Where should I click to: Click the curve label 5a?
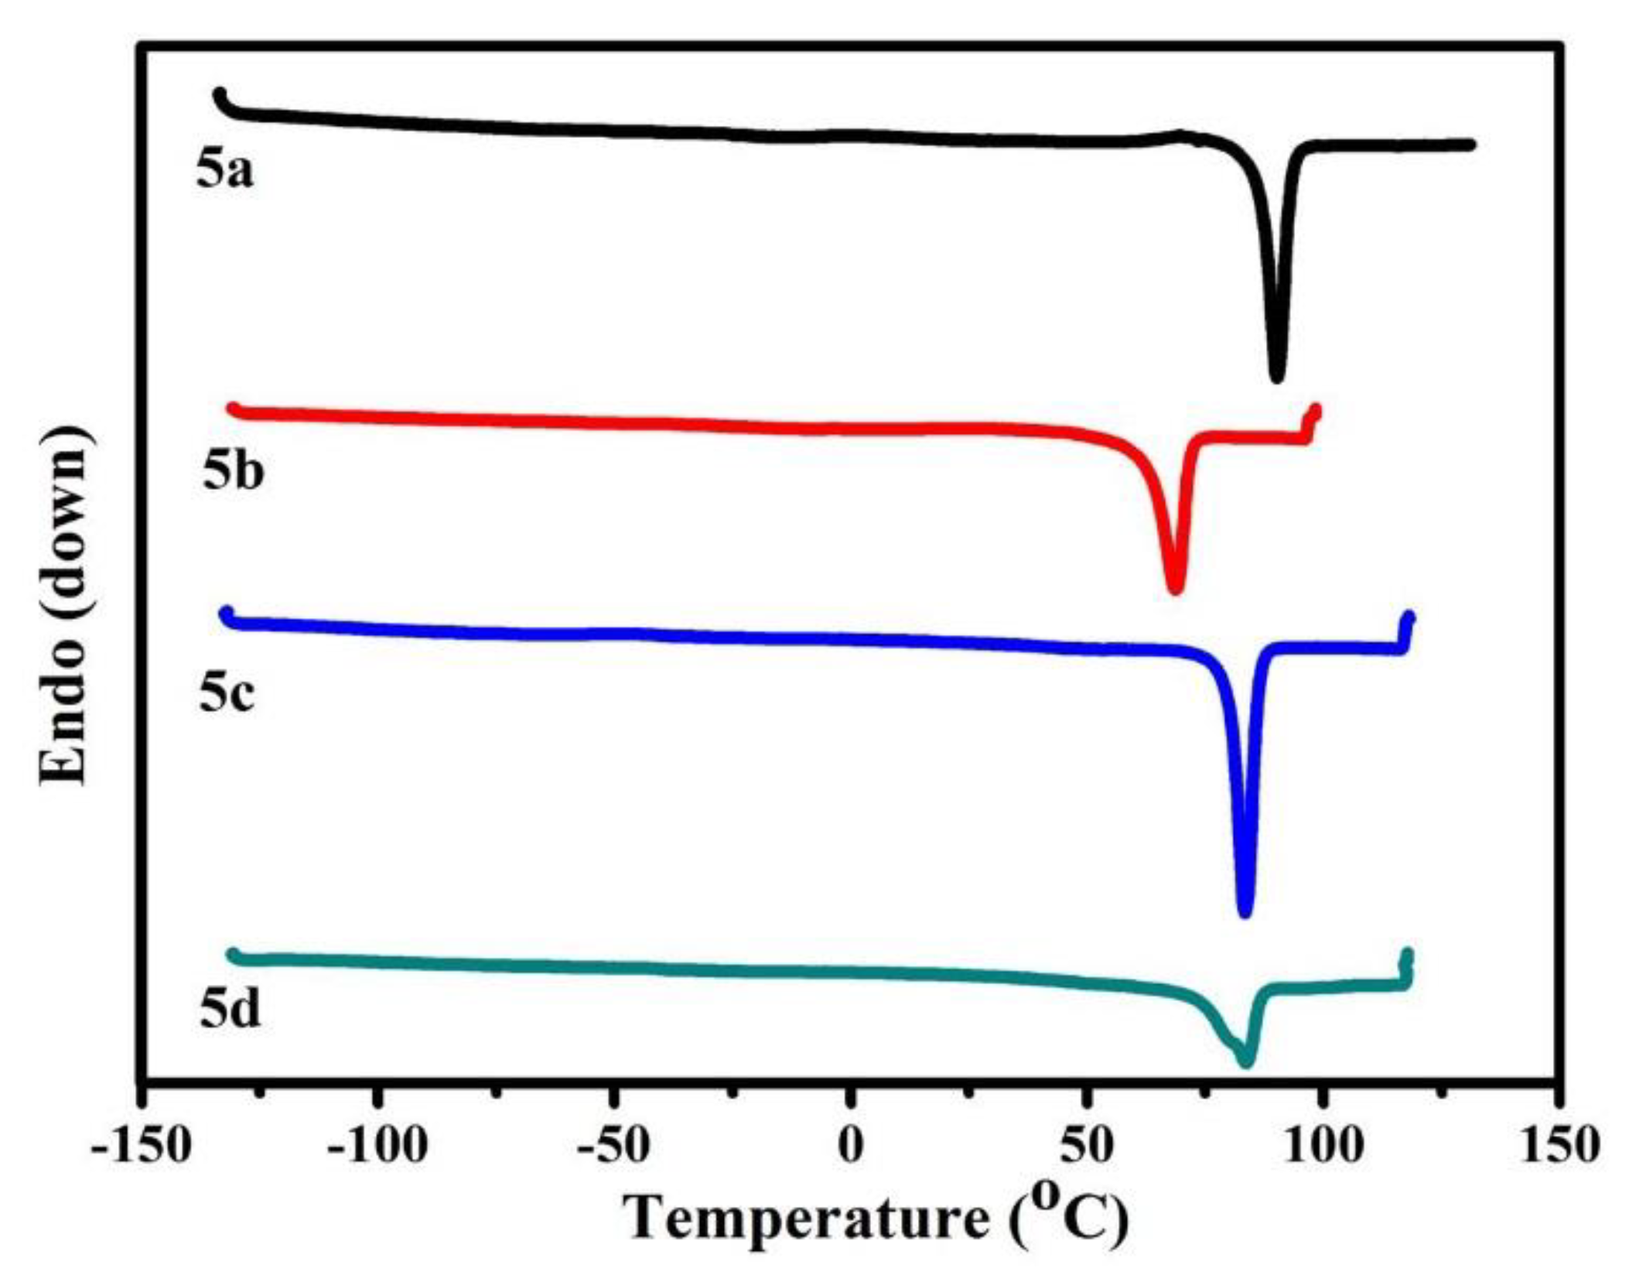pyautogui.click(x=224, y=172)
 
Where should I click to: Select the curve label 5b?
pyautogui.click(x=233, y=473)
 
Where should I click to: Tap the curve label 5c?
pyautogui.click(x=227, y=695)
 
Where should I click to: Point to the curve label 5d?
pyautogui.click(x=230, y=1012)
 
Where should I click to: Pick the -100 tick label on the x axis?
pyautogui.click(x=377, y=1145)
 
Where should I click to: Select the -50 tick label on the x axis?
pyautogui.click(x=613, y=1145)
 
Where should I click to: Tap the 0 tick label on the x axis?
pyautogui.click(x=850, y=1145)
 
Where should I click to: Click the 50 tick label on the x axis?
pyautogui.click(x=1086, y=1145)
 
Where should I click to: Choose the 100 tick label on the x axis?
pyautogui.click(x=1323, y=1145)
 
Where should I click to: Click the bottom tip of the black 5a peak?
pyautogui.click(x=1276, y=378)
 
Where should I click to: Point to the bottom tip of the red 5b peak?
pyautogui.click(x=1175, y=590)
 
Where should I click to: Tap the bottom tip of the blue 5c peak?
pyautogui.click(x=1245, y=912)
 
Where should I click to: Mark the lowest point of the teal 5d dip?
pyautogui.click(x=1245, y=1061)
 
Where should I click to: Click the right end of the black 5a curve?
pyautogui.click(x=1470, y=145)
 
